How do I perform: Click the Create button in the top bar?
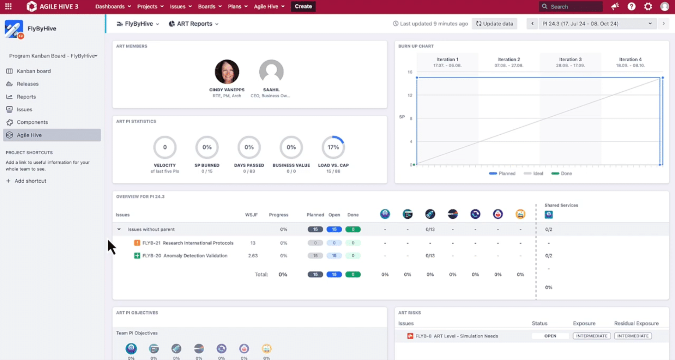pos(303,6)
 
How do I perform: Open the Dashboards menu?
pos(113,6)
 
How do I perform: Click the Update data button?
pos(494,24)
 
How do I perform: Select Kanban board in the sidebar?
pos(34,71)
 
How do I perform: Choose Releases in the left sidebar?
pos(28,84)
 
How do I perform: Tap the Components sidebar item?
pos(32,122)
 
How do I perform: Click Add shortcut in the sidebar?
pos(30,181)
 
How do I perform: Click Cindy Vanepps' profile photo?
pos(227,72)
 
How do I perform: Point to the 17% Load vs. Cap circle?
pos(333,147)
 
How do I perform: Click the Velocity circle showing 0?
pos(165,147)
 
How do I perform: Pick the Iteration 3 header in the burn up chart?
pos(570,62)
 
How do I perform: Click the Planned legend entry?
pos(502,173)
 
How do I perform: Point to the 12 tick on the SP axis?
pos(410,95)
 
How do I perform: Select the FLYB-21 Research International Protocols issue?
pos(188,243)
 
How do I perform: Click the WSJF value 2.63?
pos(253,256)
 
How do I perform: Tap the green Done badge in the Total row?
pos(353,274)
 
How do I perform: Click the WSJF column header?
pos(251,215)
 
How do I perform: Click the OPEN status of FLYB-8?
pos(550,336)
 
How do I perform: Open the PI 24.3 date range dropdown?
pos(597,24)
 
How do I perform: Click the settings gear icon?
pos(648,6)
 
